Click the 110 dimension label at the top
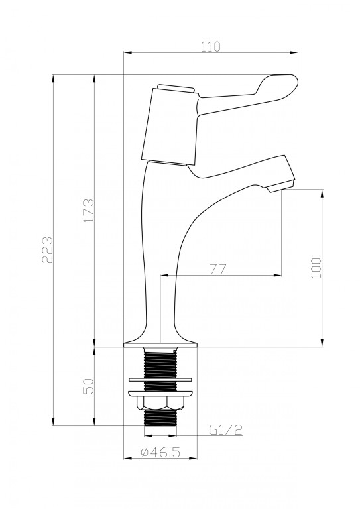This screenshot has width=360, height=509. coord(211,47)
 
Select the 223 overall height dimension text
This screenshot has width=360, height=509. coord(47,250)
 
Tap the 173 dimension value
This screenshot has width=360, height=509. coord(89,210)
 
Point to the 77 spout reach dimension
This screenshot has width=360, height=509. coord(217,270)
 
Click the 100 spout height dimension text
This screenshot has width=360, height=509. coord(316,268)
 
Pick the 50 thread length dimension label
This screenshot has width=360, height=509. coord(89,386)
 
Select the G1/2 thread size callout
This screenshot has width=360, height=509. coord(226,430)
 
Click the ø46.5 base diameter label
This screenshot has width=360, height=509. coord(160,451)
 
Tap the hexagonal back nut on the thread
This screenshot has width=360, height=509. coord(160,402)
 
